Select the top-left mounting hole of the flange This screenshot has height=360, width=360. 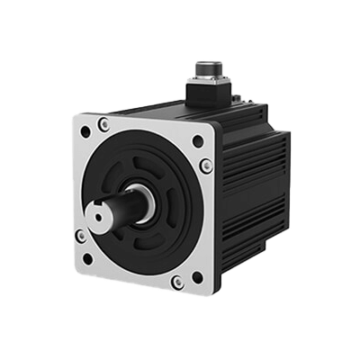pos(85,131)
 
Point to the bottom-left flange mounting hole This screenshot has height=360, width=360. pos(88,259)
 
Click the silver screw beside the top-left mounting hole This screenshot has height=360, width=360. pos(105,123)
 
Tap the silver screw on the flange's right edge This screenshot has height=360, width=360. pos(206,165)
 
